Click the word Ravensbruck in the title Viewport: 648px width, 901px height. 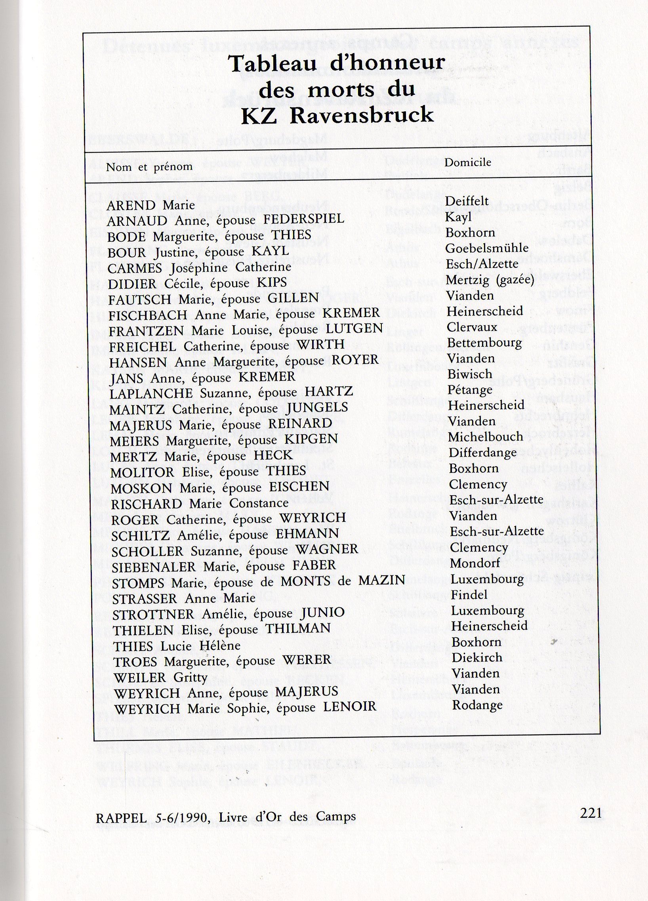click(361, 116)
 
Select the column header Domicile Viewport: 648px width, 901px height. click(468, 162)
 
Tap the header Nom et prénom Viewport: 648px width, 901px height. click(149, 167)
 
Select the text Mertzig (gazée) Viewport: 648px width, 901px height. click(490, 280)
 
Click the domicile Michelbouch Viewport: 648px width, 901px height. click(486, 437)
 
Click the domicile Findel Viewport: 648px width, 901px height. click(469, 595)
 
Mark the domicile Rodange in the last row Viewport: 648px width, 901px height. click(477, 705)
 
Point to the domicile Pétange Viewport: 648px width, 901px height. click(470, 390)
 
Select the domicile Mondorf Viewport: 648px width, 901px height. click(475, 563)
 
